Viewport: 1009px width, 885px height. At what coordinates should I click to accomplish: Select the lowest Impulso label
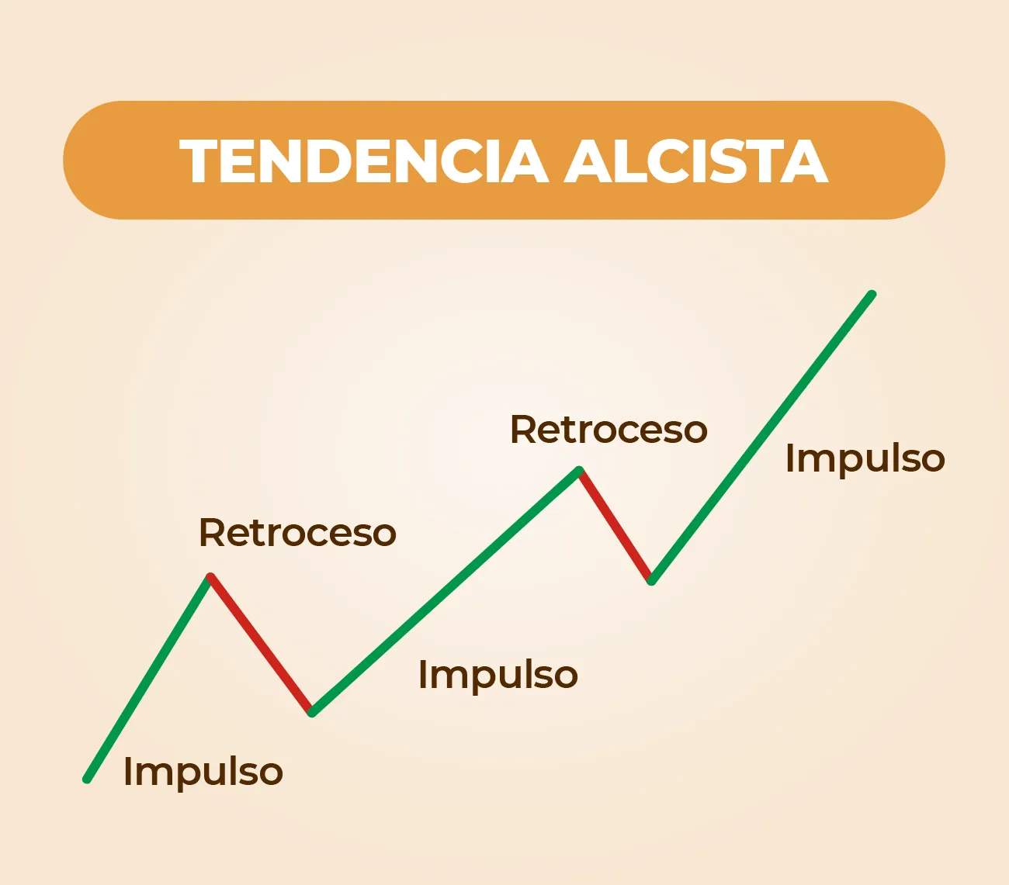(x=203, y=772)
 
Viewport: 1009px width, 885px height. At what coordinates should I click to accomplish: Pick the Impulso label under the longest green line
(x=498, y=674)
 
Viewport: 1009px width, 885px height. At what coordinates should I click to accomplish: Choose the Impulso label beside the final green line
(x=865, y=458)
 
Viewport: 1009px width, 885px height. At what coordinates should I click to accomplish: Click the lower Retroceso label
(x=297, y=533)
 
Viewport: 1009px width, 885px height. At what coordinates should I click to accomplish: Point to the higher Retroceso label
(x=609, y=430)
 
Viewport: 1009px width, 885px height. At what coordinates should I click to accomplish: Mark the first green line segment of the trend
(x=147, y=678)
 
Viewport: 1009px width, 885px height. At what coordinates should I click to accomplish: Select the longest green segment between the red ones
(x=445, y=591)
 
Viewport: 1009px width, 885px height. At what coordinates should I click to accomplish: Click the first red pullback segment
(x=260, y=644)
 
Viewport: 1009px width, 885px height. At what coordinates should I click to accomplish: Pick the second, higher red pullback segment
(x=615, y=525)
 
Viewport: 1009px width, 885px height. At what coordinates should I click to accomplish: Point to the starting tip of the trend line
(x=87, y=779)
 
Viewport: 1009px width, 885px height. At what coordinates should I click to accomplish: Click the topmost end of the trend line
(x=872, y=294)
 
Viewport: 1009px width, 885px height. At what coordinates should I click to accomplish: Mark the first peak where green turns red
(x=210, y=576)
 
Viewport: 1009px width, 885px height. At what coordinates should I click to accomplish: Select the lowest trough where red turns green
(x=311, y=712)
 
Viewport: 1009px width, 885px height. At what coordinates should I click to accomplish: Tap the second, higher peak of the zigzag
(x=579, y=469)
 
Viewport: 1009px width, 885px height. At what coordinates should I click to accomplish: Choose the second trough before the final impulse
(x=652, y=581)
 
